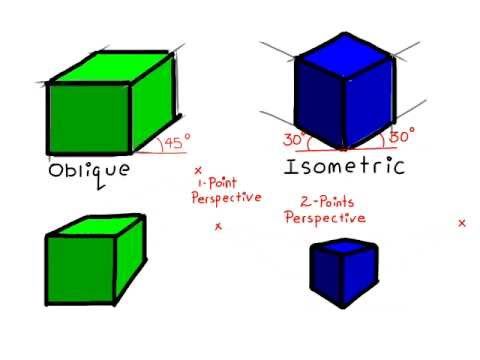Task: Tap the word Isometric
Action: coord(345,166)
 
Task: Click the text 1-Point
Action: coord(215,184)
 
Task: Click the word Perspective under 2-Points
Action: coord(325,217)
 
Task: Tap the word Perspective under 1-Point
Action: coord(226,198)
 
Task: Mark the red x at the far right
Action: coord(461,223)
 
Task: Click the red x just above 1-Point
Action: coord(198,171)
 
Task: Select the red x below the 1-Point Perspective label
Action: coord(218,227)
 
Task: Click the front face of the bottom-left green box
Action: coord(79,268)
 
